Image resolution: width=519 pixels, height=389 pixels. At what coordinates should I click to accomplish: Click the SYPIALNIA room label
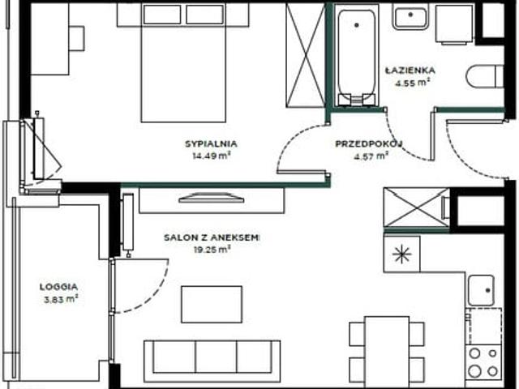pos(211,144)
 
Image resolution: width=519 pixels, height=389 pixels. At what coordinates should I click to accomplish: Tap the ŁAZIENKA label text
pos(410,71)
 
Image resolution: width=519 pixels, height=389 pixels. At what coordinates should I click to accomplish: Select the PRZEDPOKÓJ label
pos(369,144)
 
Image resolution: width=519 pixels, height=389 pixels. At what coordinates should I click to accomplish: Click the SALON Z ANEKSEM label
pos(212,237)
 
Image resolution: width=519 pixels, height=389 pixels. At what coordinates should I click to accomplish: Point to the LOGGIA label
pos(58,287)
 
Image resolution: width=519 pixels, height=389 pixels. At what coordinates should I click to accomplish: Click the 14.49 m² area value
pos(212,156)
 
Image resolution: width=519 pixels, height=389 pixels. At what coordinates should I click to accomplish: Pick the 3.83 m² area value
pos(61,299)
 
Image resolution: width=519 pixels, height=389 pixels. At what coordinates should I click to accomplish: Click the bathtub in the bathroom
pos(357,56)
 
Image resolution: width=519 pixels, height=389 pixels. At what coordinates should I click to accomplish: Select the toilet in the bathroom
pos(485,76)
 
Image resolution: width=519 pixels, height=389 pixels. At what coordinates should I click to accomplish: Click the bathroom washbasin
pos(410,18)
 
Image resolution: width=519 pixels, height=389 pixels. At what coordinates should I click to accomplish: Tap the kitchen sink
pos(482,290)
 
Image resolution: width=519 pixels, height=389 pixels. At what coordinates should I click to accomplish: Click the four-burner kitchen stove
pos(483,362)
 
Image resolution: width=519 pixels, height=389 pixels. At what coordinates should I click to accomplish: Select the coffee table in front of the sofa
pos(212,305)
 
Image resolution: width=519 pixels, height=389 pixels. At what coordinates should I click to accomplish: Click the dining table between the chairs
pos(387,351)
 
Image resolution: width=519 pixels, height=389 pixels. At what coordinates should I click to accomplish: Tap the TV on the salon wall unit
pos(212,198)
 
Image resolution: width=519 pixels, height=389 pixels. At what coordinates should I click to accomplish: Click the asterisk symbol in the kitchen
pos(401,254)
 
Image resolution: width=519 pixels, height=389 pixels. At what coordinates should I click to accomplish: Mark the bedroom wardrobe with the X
pos(305,55)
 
